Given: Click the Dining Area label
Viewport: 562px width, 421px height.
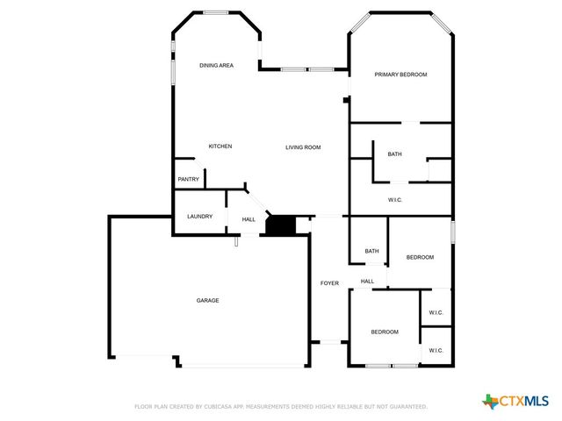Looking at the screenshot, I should (215, 65).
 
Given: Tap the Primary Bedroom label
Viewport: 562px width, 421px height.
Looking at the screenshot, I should (400, 75).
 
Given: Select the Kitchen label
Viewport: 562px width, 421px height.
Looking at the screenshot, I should (220, 146).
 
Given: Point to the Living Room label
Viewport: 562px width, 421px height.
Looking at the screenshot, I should (303, 147).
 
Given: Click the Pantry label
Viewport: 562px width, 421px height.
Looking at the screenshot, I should (189, 180).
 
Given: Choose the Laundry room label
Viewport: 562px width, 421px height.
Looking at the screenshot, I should (199, 216).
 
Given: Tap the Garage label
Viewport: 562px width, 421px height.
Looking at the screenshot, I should (207, 301).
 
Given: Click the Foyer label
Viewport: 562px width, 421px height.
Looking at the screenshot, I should (329, 283).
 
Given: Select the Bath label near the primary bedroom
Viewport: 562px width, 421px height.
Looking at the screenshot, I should (395, 154).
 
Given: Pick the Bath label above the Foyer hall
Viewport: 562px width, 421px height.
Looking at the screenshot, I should (372, 251).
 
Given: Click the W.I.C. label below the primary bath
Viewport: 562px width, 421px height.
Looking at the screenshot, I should (395, 200).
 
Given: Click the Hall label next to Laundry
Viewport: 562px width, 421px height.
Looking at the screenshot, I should (249, 219).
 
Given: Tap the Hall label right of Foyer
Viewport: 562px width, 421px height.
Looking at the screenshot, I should (367, 282).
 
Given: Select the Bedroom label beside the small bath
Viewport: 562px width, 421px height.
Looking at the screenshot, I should (420, 257).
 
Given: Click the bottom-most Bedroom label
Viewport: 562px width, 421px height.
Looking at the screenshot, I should (385, 332).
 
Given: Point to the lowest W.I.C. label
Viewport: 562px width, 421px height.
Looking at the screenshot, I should (436, 351).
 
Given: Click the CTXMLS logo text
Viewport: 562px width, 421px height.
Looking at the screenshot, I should (524, 402).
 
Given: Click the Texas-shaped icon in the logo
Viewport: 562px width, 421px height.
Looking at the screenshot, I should (490, 401).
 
